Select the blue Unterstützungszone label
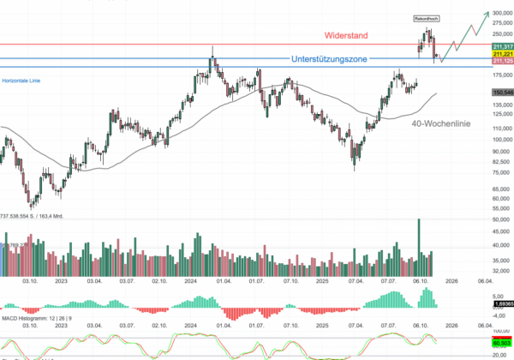pos(336,60)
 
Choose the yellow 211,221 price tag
pos(503,53)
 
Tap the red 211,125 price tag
pos(503,61)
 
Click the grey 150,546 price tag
pos(503,92)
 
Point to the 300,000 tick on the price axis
pos(502,13)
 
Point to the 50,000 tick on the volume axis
pos(502,220)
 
